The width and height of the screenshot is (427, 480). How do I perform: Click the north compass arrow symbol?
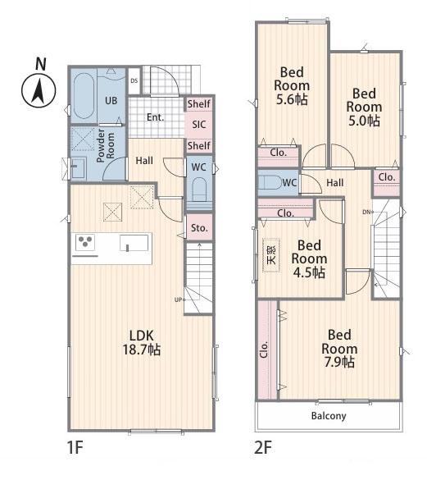tap(39, 91)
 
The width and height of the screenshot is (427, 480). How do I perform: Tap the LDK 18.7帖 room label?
tap(141, 342)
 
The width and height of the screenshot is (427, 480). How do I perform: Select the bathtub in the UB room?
tap(84, 96)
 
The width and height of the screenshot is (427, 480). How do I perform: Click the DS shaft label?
tap(134, 80)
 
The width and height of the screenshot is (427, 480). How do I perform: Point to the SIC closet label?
tap(199, 125)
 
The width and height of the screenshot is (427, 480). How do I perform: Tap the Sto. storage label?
tap(199, 228)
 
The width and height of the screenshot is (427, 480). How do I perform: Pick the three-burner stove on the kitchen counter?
tap(85, 242)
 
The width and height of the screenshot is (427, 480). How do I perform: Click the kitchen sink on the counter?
tap(134, 243)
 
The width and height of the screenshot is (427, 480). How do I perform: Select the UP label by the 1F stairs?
tap(178, 299)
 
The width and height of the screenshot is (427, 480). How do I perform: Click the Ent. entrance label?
tap(156, 117)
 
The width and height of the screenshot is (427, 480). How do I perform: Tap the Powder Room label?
tap(105, 145)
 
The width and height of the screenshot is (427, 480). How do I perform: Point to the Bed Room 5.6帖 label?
tap(292, 86)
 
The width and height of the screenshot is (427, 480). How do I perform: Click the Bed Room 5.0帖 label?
tap(364, 107)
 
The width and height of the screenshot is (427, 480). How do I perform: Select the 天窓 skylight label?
tap(271, 255)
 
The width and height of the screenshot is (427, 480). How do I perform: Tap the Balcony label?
tap(329, 416)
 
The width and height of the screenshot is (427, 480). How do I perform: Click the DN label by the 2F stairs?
tap(366, 212)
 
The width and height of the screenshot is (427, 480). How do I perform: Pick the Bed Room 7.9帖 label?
tap(339, 349)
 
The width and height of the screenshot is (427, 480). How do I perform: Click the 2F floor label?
tap(263, 448)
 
